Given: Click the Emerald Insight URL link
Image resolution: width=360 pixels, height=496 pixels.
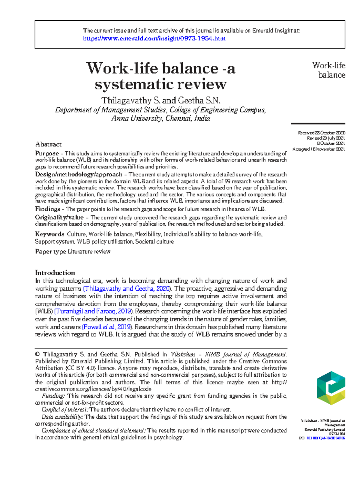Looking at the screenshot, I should coord(154,38).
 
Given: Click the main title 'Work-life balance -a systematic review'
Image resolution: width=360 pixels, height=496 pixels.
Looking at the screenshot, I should coord(160,76).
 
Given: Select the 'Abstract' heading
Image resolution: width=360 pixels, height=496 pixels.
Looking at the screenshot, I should coord(48,144).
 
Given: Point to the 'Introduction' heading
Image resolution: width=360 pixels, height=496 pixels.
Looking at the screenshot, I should coord(55,273).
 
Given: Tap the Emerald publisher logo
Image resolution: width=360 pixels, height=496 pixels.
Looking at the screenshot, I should coord(331,388).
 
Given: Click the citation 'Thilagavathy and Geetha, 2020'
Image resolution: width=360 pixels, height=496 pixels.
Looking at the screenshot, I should coord(127,289).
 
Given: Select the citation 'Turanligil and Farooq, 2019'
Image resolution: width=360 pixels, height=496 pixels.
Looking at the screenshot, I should coord(93,311).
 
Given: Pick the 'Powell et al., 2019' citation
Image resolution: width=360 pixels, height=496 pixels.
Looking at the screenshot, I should coord(107,327).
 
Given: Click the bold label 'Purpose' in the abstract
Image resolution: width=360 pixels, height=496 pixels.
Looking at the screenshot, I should coord(47,153).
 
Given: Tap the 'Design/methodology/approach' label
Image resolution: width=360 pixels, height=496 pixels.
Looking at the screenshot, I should coord(79,174).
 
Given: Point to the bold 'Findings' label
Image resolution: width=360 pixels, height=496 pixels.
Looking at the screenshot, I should coord(47,209).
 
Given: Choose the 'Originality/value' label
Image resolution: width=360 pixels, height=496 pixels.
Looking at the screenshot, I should coord(59,217).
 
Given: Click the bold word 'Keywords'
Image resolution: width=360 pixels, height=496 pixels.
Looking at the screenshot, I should coord(49,234).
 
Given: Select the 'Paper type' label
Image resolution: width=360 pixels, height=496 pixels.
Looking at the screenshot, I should coord(50,251).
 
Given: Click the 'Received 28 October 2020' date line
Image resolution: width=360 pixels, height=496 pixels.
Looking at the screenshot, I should coord(321,133).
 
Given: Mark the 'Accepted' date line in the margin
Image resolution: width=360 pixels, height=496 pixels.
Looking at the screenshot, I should coord(319,149).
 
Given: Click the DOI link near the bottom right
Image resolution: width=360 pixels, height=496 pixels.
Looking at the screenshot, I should coord(325,438).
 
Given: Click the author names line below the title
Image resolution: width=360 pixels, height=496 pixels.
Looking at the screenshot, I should coord(160,100).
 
